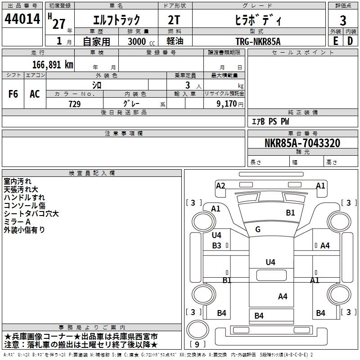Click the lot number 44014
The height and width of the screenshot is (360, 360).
[x=22, y=19]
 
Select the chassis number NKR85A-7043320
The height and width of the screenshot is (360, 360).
[x=302, y=143]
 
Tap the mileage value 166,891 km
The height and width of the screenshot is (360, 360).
[x=53, y=65]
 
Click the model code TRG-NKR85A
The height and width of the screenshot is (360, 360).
[x=258, y=41]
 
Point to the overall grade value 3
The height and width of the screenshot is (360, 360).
[x=343, y=21]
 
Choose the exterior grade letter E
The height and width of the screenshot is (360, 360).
[x=335, y=41]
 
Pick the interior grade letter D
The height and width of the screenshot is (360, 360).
[x=350, y=41]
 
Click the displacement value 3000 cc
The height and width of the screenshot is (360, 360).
[x=141, y=41]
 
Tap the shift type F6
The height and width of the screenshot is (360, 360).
[x=13, y=94]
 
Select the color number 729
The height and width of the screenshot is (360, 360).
[x=75, y=104]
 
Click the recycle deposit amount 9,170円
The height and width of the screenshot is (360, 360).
[x=230, y=104]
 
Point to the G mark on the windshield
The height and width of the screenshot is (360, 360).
[x=258, y=229]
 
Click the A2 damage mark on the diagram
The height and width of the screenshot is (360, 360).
[x=220, y=185]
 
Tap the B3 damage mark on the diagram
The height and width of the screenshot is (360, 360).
[x=216, y=245]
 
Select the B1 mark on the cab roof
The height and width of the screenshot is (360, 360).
[x=290, y=213]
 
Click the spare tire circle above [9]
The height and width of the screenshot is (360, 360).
[x=198, y=330]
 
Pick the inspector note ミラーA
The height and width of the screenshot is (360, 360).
[x=17, y=222]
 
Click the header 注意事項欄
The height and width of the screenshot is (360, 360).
[x=124, y=133]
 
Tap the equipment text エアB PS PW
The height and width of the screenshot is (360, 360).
[x=270, y=121]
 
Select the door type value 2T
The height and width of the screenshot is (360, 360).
[x=174, y=20]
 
